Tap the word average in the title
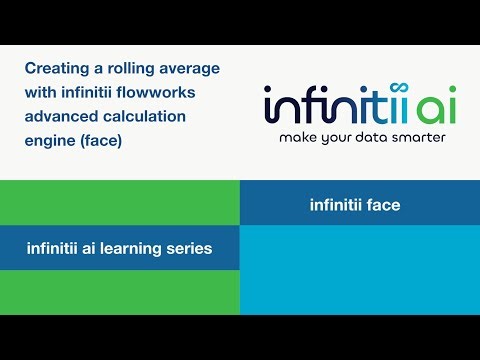click(190, 69)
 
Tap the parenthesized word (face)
click(102, 141)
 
